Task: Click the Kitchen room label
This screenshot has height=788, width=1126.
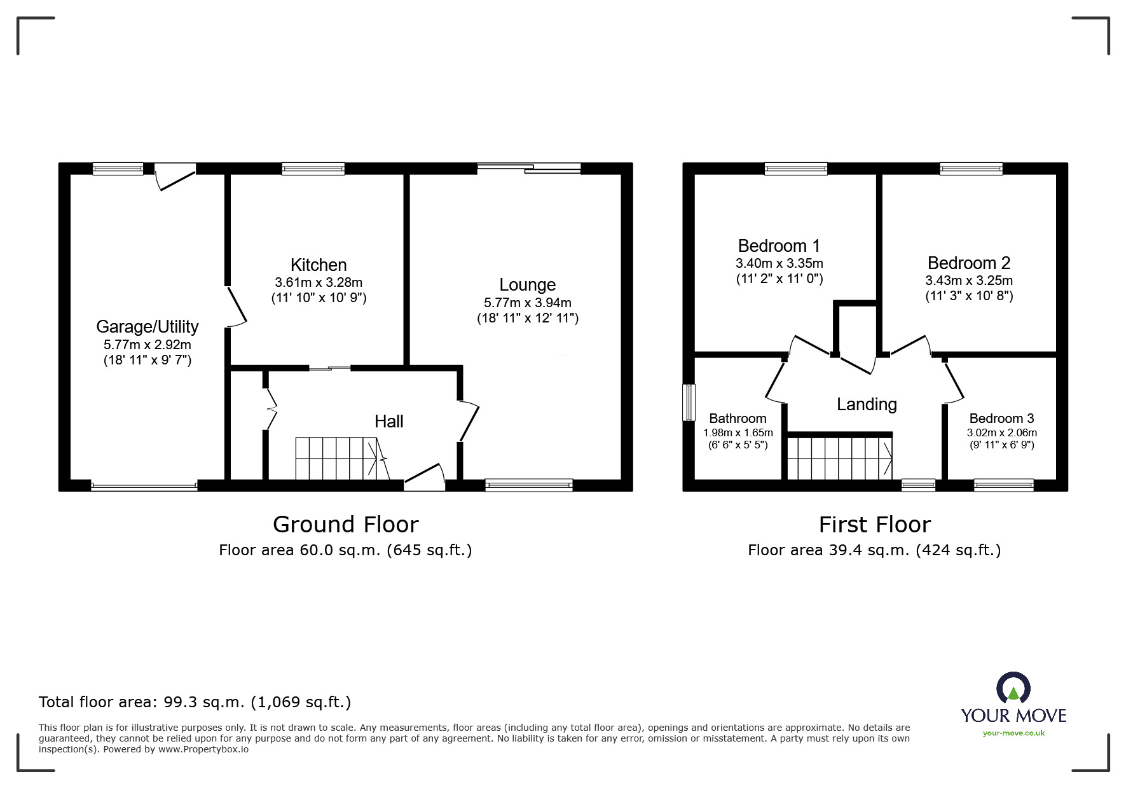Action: (319, 265)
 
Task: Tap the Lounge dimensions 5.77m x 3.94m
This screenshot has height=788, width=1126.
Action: (527, 303)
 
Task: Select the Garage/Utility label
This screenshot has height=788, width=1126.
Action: (147, 326)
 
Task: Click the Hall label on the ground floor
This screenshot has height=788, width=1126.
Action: (388, 421)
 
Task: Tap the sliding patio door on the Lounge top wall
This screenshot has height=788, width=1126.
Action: (529, 168)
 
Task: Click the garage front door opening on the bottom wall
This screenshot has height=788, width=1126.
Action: (144, 487)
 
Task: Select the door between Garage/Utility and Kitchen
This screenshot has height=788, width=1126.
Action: (236, 307)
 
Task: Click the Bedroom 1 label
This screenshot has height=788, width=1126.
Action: (779, 245)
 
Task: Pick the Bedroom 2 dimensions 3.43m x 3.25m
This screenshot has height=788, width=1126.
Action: (968, 280)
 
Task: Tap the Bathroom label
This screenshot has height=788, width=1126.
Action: (738, 418)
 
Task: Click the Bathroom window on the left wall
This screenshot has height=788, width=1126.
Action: (689, 402)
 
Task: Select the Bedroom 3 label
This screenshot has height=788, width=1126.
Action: (1001, 418)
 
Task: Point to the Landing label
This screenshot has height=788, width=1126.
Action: (867, 404)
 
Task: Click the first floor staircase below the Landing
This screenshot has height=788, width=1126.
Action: (839, 458)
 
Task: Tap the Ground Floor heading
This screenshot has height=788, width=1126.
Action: (345, 524)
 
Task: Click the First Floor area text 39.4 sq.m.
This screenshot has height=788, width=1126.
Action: (874, 550)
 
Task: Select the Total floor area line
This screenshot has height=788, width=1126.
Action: (195, 702)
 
